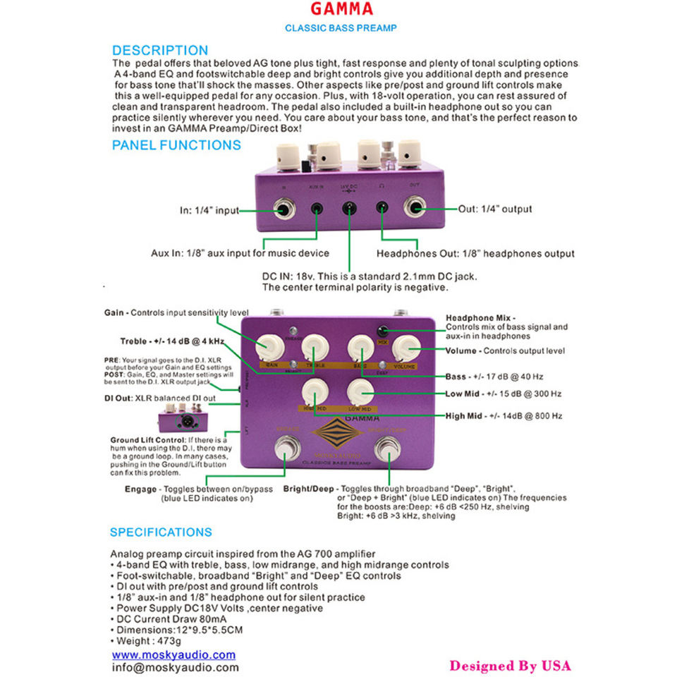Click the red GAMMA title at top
pos(341,9)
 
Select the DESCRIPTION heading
pos(160,50)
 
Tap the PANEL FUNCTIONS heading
pos(176,145)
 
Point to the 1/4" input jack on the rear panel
pos(285,209)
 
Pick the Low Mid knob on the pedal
pos(359,391)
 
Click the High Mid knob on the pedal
pos(313,391)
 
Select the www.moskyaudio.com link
pos(173,654)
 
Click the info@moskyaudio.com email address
pos(176,667)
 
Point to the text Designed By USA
pos(510,666)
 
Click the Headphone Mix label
pos(480,318)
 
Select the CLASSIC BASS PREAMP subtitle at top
pos(341,28)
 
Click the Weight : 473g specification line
pos(146,641)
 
